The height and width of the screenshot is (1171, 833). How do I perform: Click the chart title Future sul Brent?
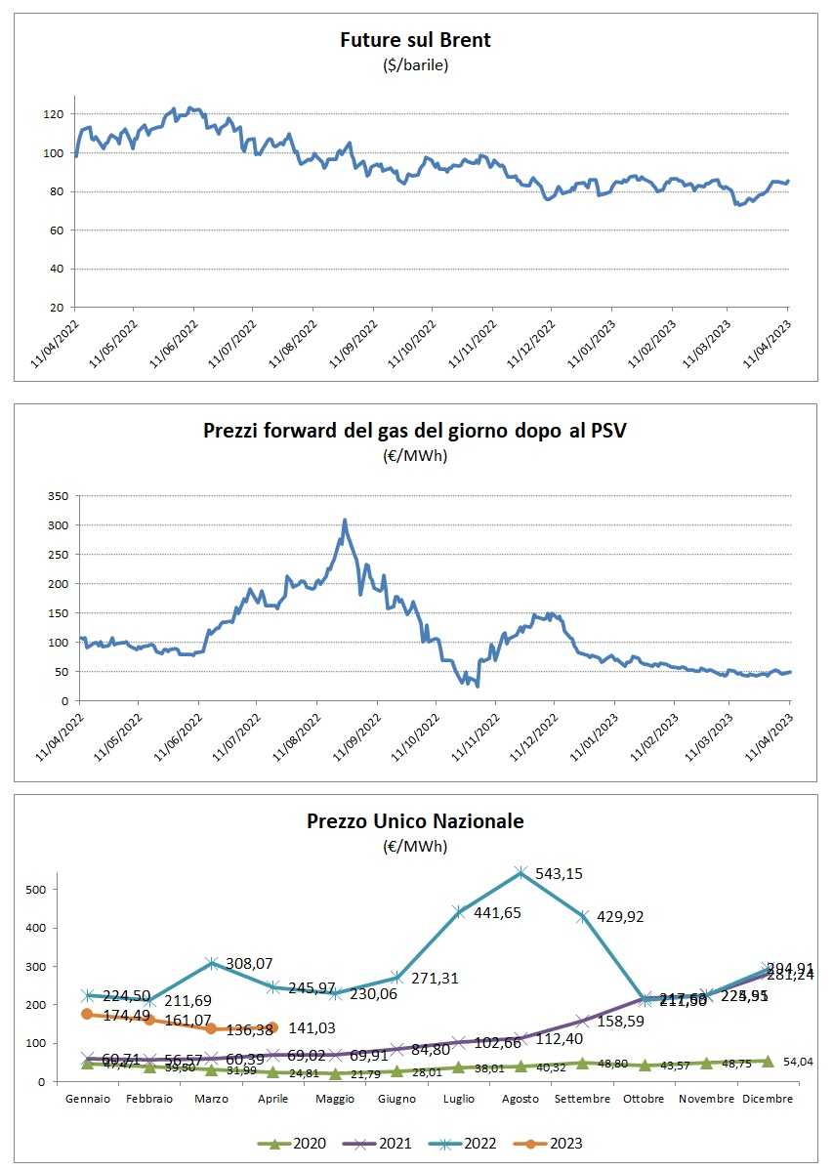point(415,40)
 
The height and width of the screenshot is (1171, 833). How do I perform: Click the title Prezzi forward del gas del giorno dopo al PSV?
point(415,430)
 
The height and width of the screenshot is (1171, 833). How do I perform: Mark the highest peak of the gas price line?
point(345,521)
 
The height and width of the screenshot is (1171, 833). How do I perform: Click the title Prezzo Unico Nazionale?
point(415,821)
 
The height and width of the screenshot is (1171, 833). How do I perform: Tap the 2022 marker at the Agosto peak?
point(521,872)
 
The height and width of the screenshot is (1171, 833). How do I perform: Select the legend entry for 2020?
point(294,1143)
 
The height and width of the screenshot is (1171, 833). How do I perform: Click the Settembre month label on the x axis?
point(582,1099)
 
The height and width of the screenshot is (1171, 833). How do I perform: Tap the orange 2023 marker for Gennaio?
point(87,1014)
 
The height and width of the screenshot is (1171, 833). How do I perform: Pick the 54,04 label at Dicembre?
point(802,1062)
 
